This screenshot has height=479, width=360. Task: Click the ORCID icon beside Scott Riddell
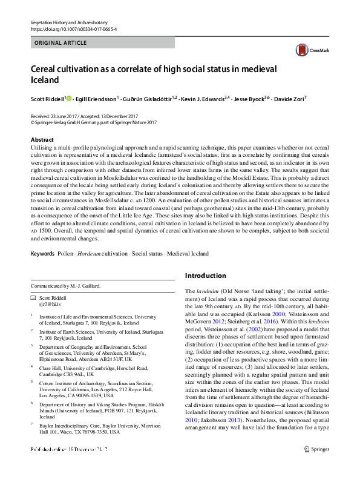[68, 98]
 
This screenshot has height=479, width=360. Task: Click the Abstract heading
[42, 140]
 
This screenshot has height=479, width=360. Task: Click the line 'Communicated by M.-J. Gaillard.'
[66, 286]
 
